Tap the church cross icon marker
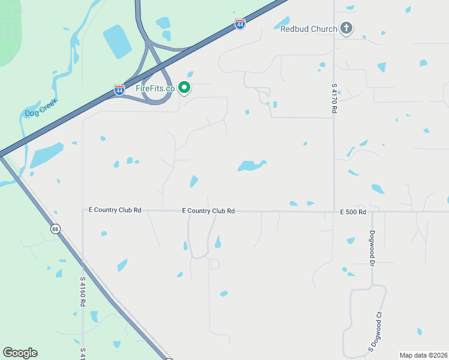(x=346, y=28)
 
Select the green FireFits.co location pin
(x=185, y=88)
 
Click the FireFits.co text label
(x=155, y=88)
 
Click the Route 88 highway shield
(x=55, y=229)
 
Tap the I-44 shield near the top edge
(x=240, y=25)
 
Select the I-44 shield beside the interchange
(x=119, y=90)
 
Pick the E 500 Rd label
(x=353, y=212)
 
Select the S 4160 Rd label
(x=82, y=292)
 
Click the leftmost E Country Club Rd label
(x=115, y=210)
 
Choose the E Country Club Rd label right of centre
(x=208, y=211)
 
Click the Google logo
(x=20, y=353)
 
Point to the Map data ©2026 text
(x=424, y=355)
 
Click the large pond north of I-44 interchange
(x=117, y=41)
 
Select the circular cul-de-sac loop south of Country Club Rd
(x=214, y=264)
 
